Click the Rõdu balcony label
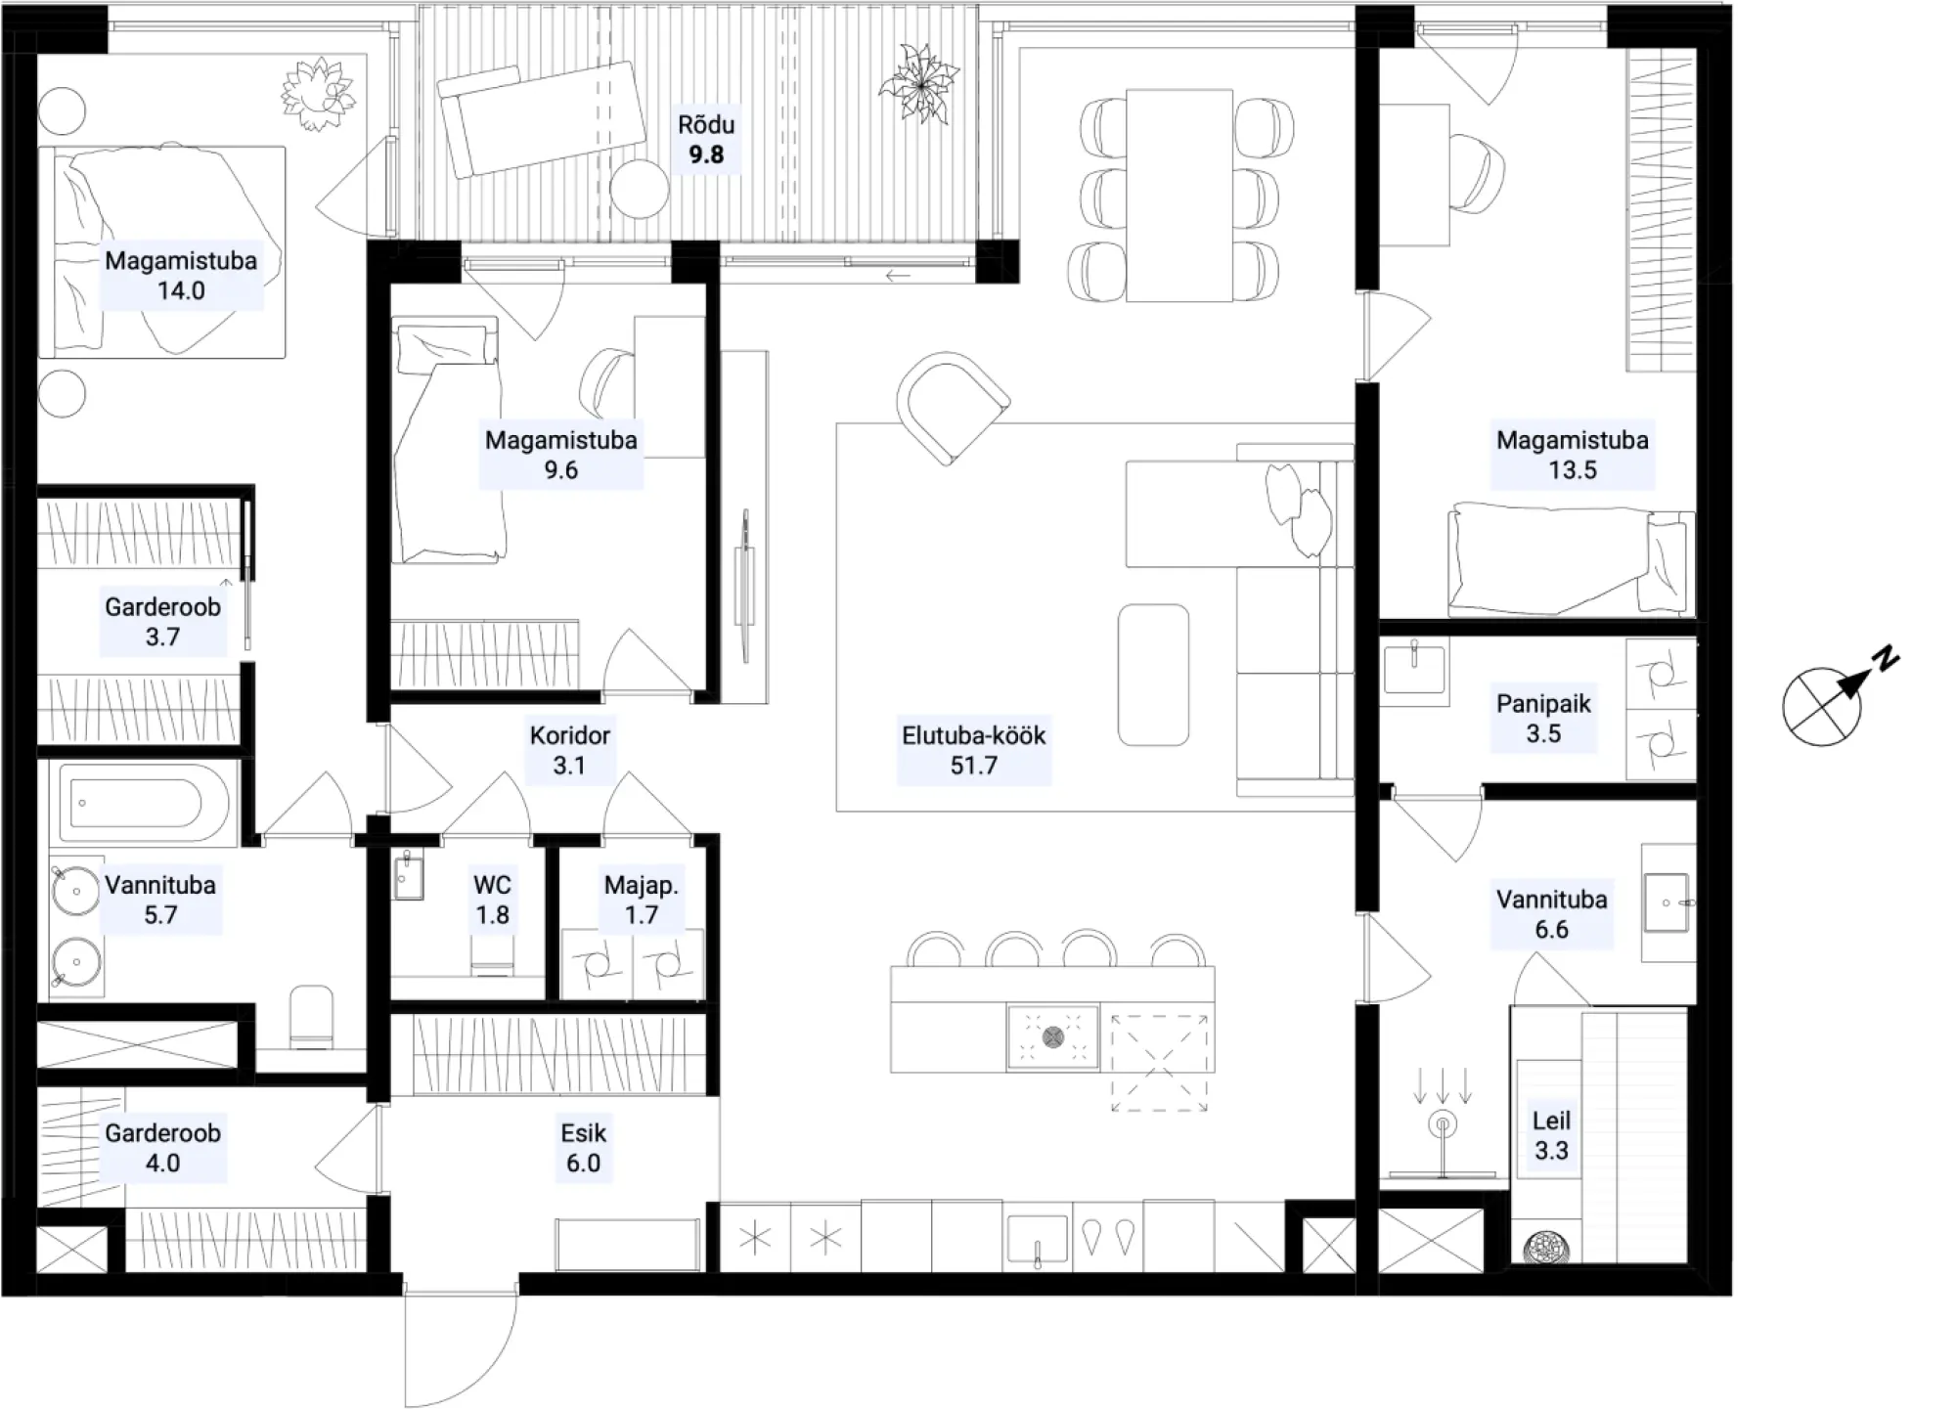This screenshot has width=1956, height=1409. point(706,125)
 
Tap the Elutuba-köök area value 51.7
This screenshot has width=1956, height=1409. point(974,766)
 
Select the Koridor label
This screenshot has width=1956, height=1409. point(570,735)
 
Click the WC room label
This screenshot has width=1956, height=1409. point(492,885)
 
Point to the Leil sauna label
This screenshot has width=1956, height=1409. point(1551,1121)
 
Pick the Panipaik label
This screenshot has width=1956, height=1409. point(1543,704)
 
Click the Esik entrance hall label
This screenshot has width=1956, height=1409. point(584,1133)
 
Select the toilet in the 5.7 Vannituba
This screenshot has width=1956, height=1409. point(312,1016)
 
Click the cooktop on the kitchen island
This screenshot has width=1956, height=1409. point(1053,1036)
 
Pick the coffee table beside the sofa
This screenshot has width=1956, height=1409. point(1154,675)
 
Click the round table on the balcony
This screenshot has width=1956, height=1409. point(640,188)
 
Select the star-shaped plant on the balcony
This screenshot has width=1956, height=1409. point(920,85)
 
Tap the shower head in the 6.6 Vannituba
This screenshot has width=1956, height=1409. point(1443,1125)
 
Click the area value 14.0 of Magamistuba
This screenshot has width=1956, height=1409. point(181,290)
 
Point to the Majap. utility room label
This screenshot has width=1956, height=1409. point(642,886)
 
